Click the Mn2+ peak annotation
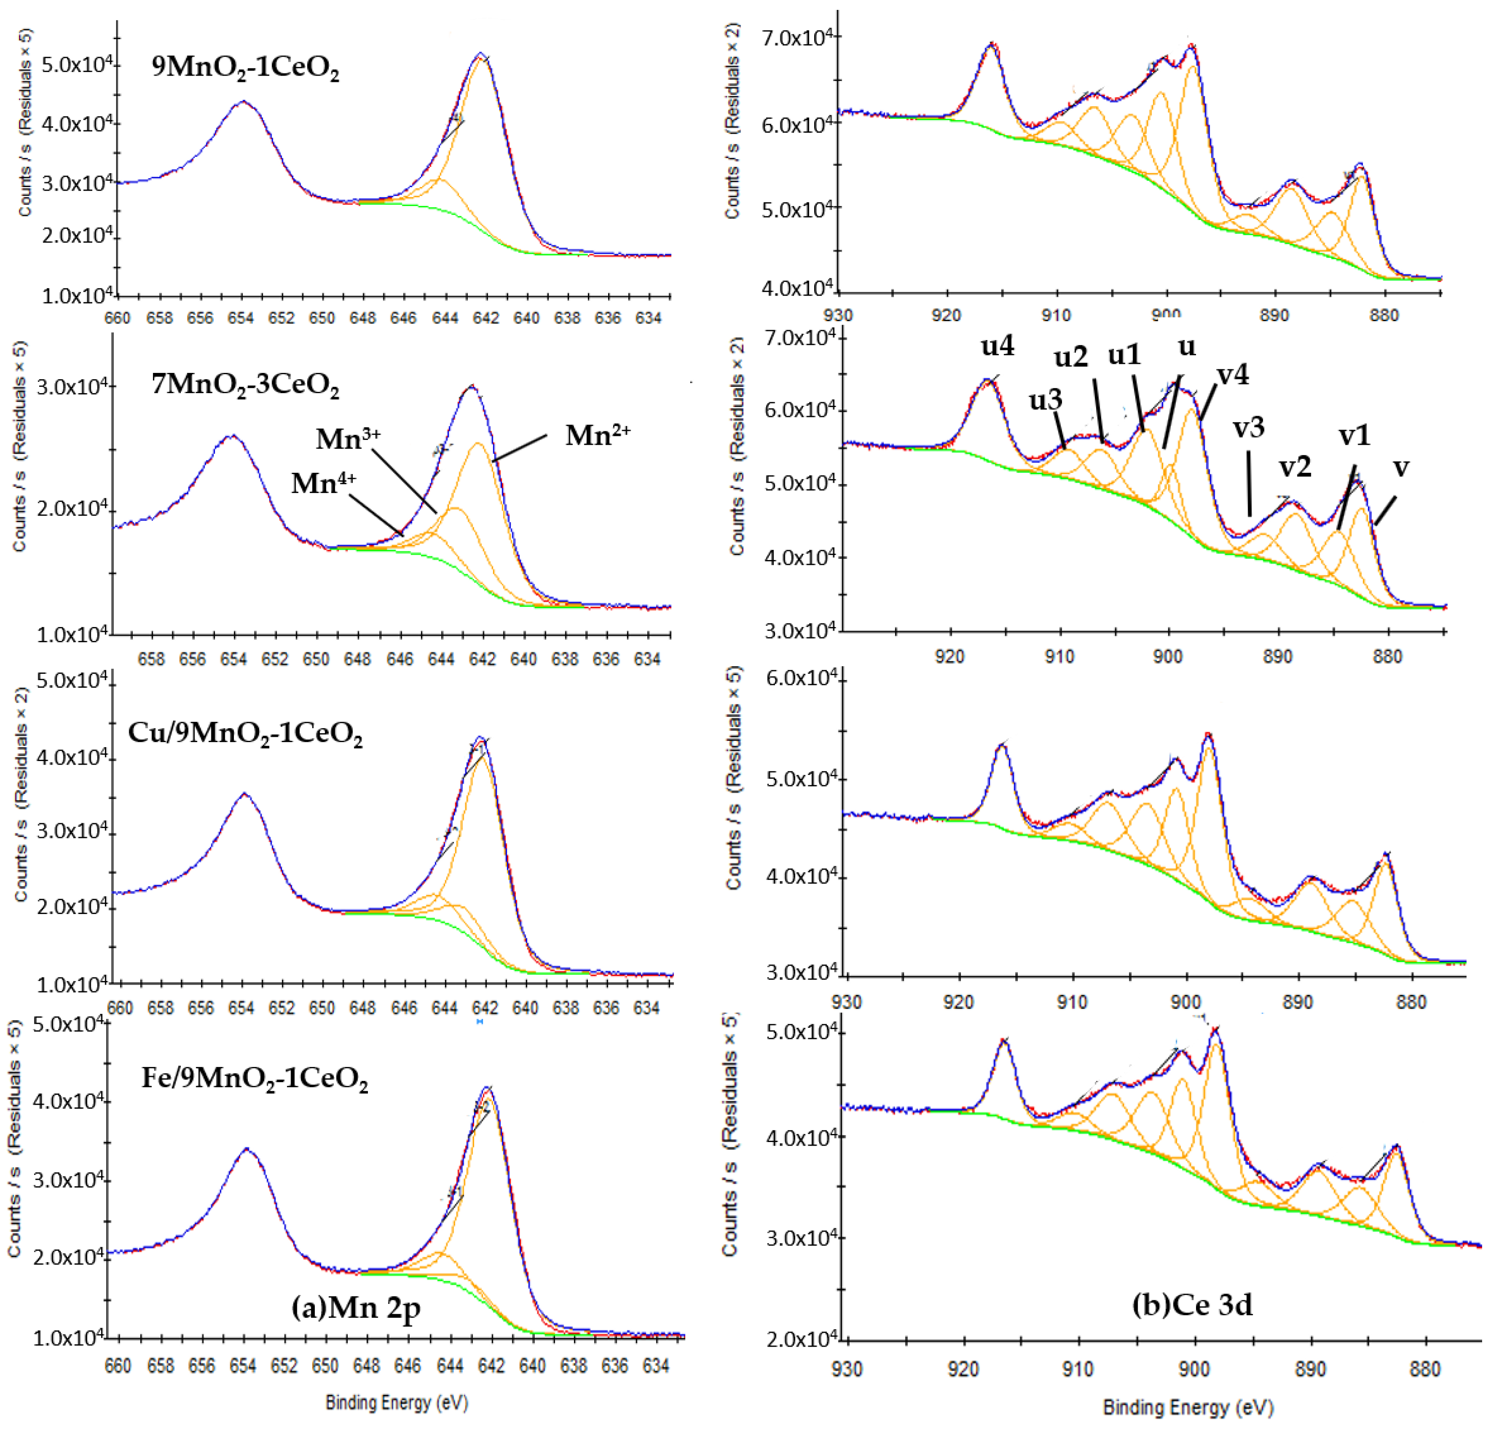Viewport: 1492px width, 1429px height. point(597,435)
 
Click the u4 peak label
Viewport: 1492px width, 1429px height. point(997,346)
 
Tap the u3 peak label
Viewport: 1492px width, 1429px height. point(1045,400)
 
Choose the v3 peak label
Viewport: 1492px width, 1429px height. point(1248,428)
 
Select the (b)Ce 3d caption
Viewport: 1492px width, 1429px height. point(1192,1304)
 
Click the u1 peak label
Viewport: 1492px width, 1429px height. point(1125,355)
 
